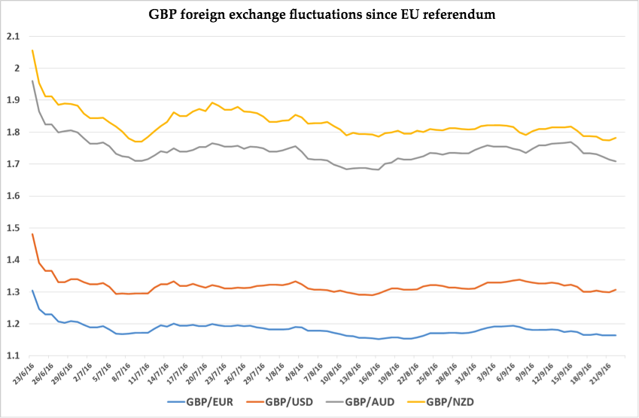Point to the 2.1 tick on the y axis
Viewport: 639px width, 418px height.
[12, 36]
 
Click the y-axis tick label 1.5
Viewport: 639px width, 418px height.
[12, 228]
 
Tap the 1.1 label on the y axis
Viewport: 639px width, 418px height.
[12, 356]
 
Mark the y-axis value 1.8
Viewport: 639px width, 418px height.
[12, 132]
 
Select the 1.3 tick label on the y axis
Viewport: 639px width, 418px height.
[12, 292]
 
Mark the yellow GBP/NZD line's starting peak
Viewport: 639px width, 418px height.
[32, 50]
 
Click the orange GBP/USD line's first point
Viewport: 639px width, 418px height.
[32, 233]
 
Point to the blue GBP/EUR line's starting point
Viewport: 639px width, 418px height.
[32, 290]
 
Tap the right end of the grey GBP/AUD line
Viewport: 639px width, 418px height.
[616, 161]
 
